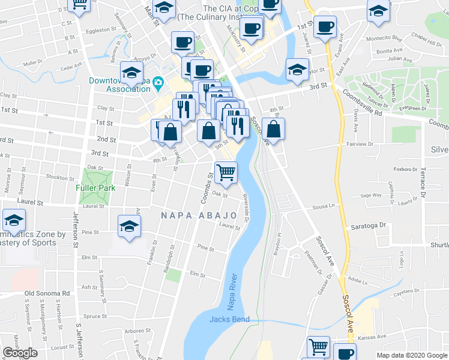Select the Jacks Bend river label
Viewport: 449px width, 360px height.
click(x=229, y=319)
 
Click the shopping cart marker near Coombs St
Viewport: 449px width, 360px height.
click(x=226, y=173)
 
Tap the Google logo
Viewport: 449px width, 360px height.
click(x=20, y=353)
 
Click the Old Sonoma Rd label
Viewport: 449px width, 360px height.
click(x=47, y=293)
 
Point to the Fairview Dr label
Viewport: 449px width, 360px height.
click(x=360, y=144)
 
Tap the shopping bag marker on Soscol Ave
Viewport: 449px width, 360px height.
click(x=273, y=130)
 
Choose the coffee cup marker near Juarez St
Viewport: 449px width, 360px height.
click(x=325, y=27)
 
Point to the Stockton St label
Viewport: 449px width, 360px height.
click(x=60, y=178)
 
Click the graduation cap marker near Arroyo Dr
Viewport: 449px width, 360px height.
click(x=131, y=73)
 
